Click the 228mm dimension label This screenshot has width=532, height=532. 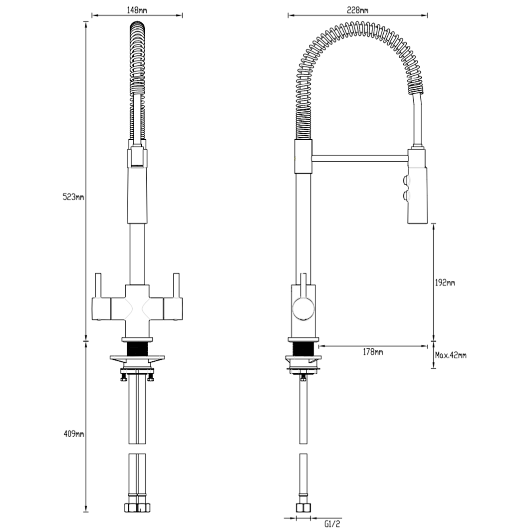pos(358,10)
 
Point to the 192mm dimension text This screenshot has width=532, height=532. pos(445,283)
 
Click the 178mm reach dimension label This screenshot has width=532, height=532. pos(373,352)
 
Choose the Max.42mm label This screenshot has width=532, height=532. pos(450,356)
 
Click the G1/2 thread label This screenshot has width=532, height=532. pos(332,524)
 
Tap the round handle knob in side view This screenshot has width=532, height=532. pos(302,307)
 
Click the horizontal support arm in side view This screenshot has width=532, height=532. pos(359,158)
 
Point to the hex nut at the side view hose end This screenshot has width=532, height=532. pos(302,508)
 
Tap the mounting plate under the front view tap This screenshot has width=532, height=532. pos(137,358)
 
